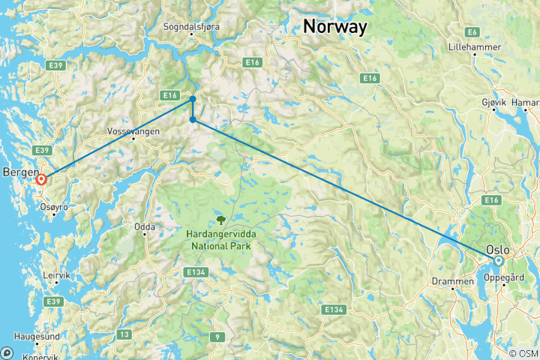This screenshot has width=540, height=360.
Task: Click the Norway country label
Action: point(335,27)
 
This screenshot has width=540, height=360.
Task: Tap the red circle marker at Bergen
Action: point(42,179)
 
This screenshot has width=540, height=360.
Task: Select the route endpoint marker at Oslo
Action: point(497,261)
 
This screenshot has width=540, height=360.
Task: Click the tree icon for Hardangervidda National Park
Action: point(221,220)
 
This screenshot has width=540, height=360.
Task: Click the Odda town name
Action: point(145,226)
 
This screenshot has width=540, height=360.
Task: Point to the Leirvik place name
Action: point(56,275)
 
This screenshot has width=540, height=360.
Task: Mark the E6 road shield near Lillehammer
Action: point(472,31)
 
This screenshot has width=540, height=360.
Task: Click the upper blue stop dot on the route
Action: point(193,98)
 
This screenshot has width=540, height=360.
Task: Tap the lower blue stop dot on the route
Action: point(193,119)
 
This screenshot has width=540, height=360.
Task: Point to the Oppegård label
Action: point(505,277)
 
